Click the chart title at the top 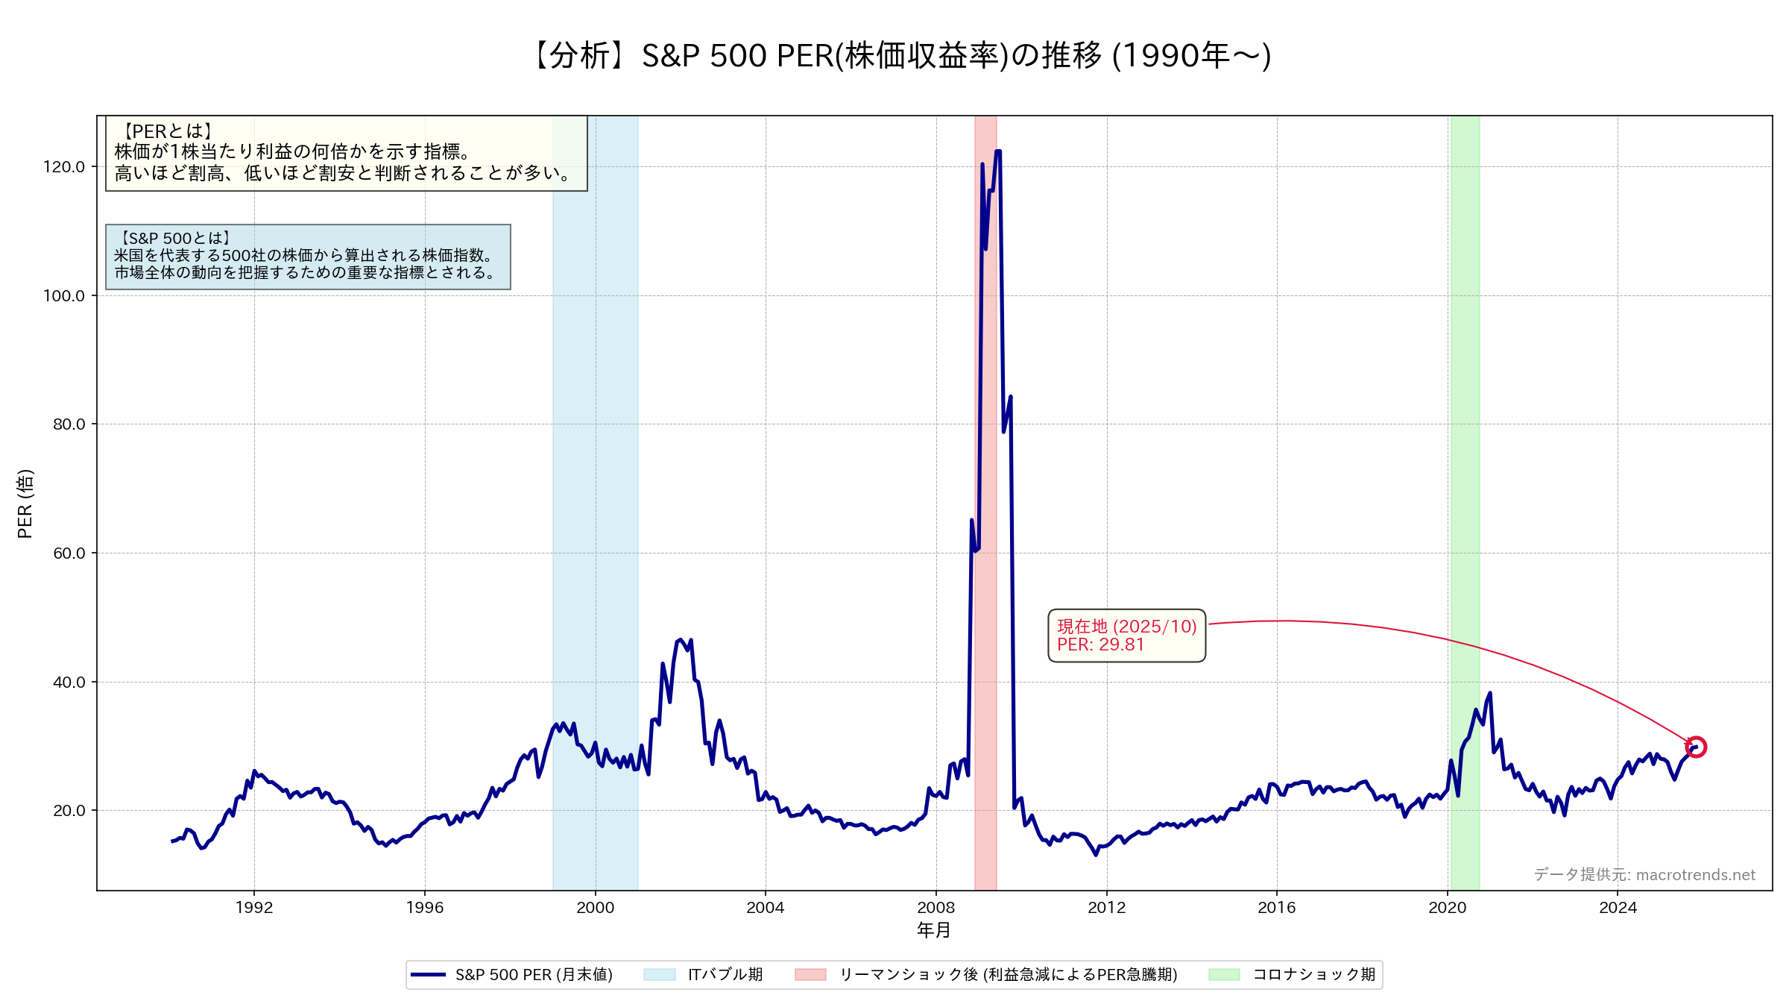point(900,56)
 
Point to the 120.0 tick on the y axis point(64,166)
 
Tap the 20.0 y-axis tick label point(69,811)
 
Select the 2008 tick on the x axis point(935,908)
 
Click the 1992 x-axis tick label point(254,908)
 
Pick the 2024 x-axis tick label point(1618,908)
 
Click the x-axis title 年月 point(933,930)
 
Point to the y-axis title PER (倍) point(25,503)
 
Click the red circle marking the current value point(1696,747)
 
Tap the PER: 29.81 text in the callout point(1100,645)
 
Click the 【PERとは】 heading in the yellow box point(168,131)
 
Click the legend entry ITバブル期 point(725,975)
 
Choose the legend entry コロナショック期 point(1313,975)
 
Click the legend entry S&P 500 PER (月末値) point(534,975)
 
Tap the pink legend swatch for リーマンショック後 point(810,975)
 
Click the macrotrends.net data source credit point(1644,875)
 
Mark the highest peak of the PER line point(998,151)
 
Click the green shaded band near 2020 point(1465,448)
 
